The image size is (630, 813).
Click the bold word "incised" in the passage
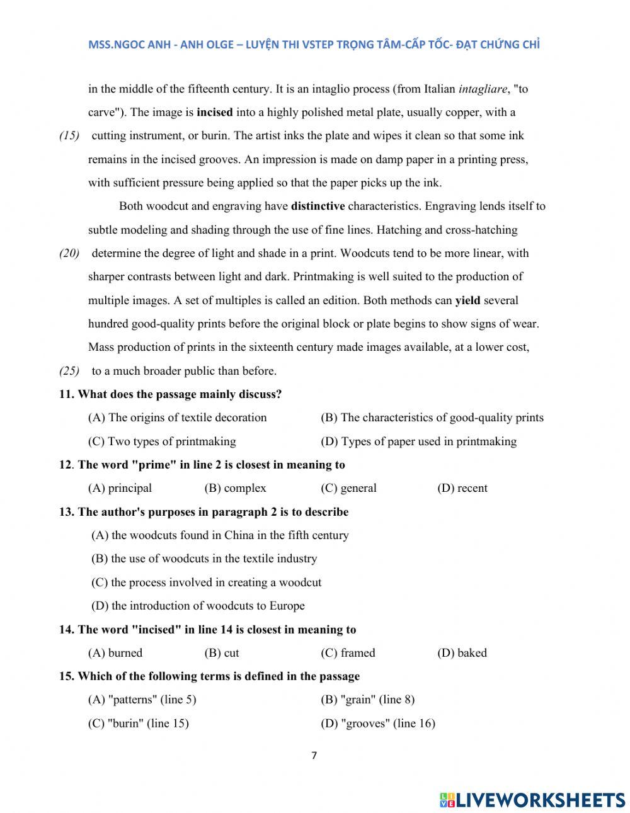coord(215,113)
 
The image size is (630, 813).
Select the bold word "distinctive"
coord(318,206)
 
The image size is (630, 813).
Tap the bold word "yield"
coord(467,300)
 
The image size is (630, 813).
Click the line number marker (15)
coord(69,136)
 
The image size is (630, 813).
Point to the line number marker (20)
coord(69,254)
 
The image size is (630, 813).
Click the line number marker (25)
coord(69,371)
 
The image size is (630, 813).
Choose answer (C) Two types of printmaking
coord(162,441)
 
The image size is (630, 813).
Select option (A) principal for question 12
coord(120,488)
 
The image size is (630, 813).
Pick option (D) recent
coord(462,488)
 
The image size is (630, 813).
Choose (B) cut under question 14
coord(222,653)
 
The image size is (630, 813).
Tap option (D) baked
coord(462,653)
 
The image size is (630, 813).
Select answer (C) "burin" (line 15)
coord(139,724)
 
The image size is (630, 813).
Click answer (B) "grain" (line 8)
coord(368,700)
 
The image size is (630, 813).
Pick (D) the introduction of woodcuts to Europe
coord(198,606)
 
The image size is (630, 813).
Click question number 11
coord(67,395)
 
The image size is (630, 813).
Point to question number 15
coord(67,676)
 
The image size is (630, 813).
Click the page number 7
coord(314,756)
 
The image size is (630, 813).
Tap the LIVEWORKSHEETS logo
coord(533,800)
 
